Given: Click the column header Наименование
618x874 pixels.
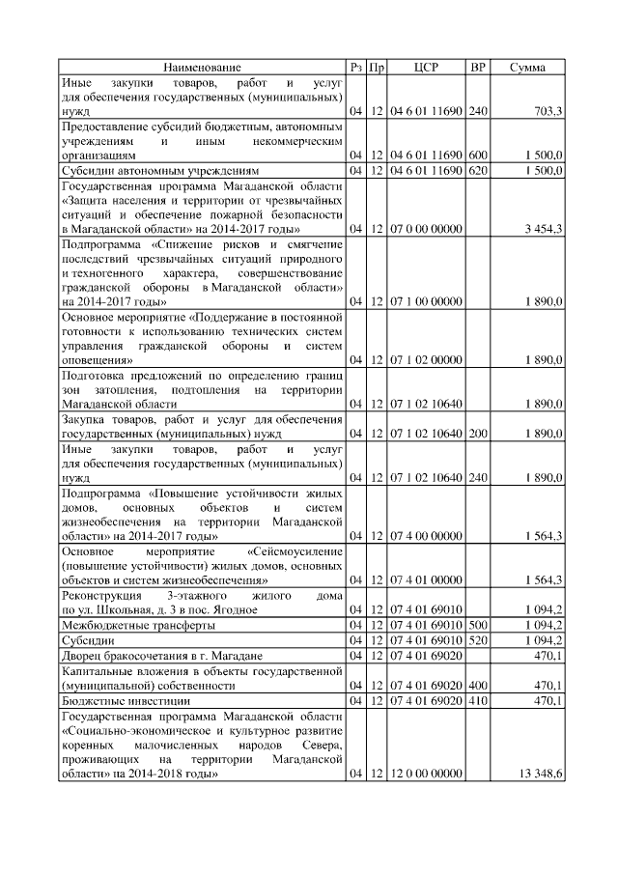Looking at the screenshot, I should [x=202, y=68].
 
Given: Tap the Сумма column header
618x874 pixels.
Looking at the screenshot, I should [x=527, y=68].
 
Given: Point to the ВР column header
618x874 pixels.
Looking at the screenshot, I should [x=477, y=68].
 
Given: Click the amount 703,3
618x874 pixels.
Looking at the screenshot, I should [x=548, y=113].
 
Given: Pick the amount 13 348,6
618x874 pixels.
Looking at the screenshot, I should [x=540, y=775].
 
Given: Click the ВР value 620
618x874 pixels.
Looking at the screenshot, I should [x=477, y=170].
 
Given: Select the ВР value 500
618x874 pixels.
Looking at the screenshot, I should [x=477, y=625].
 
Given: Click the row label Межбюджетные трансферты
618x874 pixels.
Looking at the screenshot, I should [x=126, y=625].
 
